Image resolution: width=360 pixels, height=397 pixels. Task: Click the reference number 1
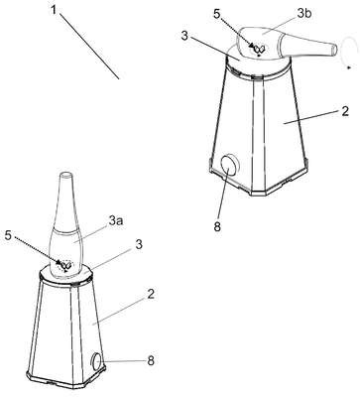click(x=54, y=10)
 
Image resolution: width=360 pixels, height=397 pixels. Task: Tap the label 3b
click(x=304, y=14)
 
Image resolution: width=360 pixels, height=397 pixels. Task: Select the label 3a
click(x=116, y=220)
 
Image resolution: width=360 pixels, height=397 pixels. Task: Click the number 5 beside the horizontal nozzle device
click(x=216, y=16)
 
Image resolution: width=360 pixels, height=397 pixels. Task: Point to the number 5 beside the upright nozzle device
click(x=10, y=236)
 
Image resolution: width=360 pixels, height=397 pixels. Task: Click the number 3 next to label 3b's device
click(x=184, y=36)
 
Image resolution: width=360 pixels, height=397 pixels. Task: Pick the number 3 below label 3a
click(x=139, y=245)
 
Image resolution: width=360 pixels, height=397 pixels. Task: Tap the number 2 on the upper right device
click(x=345, y=111)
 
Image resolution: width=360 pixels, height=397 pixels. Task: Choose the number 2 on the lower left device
click(x=151, y=295)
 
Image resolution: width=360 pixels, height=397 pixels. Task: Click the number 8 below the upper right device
click(x=217, y=227)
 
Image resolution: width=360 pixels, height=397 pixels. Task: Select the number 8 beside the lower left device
click(x=151, y=360)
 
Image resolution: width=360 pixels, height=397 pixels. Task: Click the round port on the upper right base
click(x=229, y=165)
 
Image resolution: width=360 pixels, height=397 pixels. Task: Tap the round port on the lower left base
click(x=97, y=361)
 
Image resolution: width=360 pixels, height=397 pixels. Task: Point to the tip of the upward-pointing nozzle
click(x=65, y=175)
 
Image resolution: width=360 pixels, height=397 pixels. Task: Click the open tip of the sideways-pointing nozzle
click(x=334, y=50)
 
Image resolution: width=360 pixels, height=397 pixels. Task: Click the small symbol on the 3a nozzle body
click(x=66, y=266)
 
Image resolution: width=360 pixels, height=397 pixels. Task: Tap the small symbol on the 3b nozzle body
click(x=258, y=50)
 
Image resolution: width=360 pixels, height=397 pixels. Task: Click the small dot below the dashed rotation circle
click(x=349, y=67)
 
